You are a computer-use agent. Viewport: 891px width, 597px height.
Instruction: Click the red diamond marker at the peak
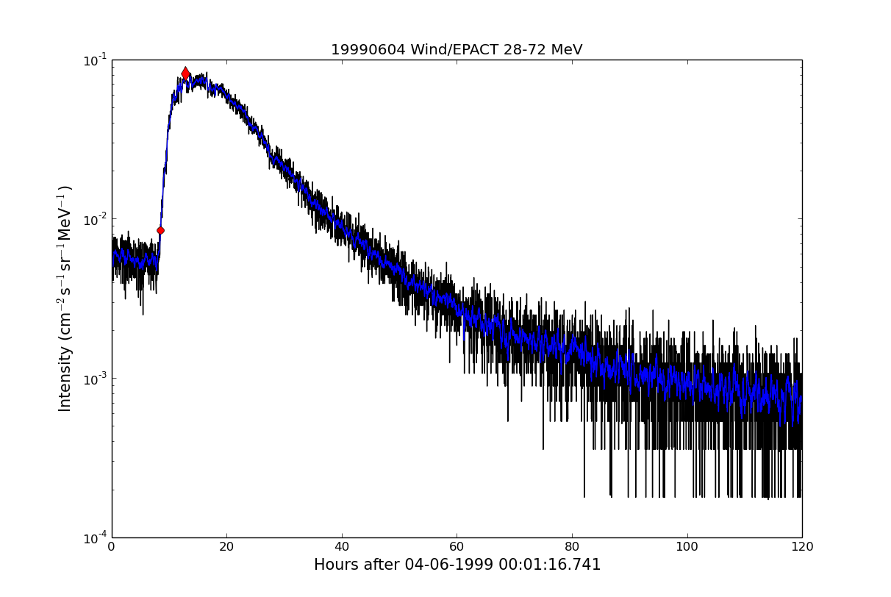click(185, 73)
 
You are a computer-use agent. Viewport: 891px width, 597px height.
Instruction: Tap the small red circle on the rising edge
click(160, 230)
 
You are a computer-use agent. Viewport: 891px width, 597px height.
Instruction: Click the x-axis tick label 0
click(112, 547)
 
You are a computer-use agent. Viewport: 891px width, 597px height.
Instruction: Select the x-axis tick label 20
click(226, 547)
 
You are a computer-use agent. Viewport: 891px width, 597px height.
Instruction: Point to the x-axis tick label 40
click(342, 547)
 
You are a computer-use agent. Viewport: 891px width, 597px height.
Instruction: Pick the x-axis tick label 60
click(457, 547)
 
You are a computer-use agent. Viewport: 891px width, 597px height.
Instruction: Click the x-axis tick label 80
click(572, 547)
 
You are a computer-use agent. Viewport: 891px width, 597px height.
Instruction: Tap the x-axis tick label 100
click(687, 547)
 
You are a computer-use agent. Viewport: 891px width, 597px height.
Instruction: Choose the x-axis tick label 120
click(802, 547)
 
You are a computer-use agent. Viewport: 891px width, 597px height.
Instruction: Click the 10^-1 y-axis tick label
click(94, 60)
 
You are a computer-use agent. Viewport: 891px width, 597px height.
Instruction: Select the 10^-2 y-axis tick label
click(94, 219)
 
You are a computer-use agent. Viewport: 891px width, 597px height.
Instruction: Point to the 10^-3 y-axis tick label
click(94, 378)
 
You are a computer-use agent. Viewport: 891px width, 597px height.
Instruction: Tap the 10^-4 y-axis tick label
click(94, 537)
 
